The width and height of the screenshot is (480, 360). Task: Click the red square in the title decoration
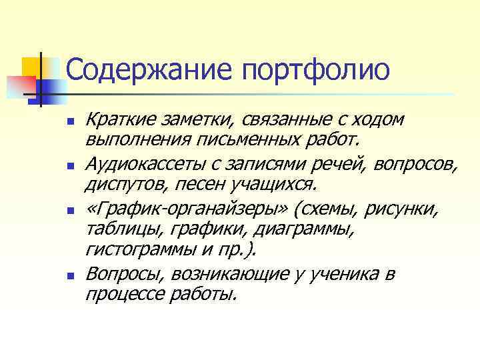pyautogui.click(x=22, y=85)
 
